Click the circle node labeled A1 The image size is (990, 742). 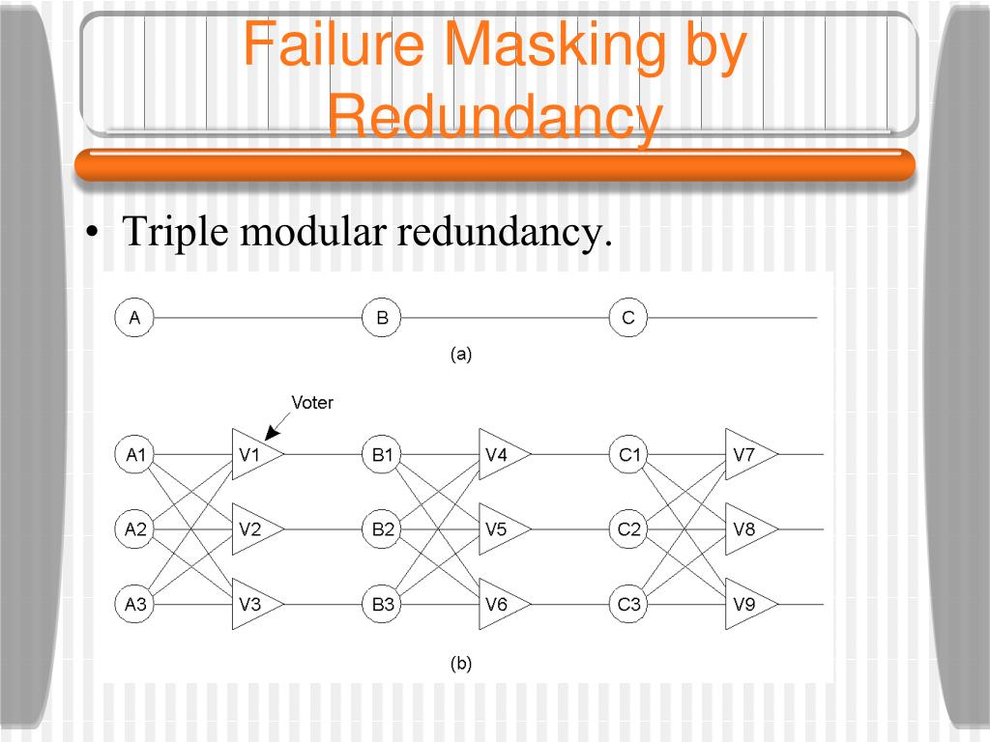coord(134,454)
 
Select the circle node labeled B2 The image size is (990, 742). coord(382,528)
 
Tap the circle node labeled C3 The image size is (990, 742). coord(628,604)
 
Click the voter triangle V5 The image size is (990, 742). coord(504,528)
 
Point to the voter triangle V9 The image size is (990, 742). coord(750,604)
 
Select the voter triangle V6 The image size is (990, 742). coord(504,604)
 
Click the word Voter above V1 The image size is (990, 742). coord(312,403)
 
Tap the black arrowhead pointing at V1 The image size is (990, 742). coord(272,432)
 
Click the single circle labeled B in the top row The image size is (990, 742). coord(382,317)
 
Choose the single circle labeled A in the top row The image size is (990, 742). coord(134,317)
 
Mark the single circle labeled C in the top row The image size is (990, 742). coord(628,317)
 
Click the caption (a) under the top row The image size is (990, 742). coord(461,354)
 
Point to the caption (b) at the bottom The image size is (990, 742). coord(461,663)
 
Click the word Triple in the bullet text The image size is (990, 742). coord(175,232)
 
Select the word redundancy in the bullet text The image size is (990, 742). coord(504,232)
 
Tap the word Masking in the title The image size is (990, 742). coord(555,46)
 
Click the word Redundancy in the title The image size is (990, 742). coord(495,117)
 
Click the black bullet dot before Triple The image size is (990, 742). coord(93,232)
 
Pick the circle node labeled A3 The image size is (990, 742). coord(134,604)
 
